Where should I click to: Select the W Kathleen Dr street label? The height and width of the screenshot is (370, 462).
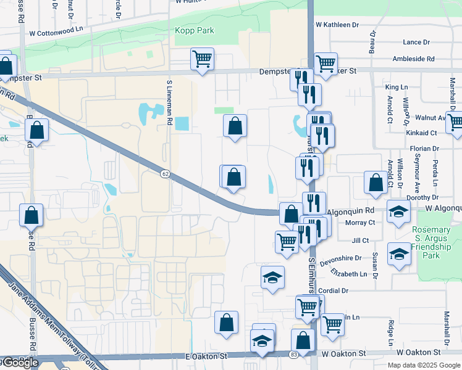[337, 25]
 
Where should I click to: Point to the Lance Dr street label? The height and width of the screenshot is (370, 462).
[416, 42]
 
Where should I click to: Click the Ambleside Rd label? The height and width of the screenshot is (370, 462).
[413, 59]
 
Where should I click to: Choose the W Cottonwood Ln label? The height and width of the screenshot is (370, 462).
[56, 31]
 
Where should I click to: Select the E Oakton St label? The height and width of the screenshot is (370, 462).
[207, 356]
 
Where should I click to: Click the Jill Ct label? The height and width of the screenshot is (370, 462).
[359, 240]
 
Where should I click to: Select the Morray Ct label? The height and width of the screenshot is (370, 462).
[360, 223]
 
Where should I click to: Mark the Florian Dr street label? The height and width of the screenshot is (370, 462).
[424, 149]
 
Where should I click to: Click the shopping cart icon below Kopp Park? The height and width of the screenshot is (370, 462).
[202, 59]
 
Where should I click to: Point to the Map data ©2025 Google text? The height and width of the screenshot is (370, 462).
[423, 365]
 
